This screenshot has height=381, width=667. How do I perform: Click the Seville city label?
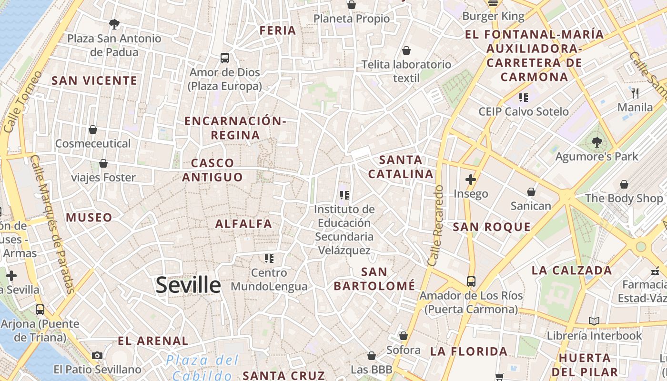(188, 285)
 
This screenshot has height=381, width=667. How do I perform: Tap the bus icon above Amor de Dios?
(225, 58)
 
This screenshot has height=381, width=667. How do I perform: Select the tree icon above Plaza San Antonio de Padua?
(114, 24)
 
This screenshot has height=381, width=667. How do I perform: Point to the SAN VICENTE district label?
(94, 80)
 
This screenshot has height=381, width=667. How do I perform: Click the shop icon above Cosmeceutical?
(93, 130)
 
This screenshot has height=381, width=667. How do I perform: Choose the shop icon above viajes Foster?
(103, 164)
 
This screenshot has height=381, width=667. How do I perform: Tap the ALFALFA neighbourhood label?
(243, 223)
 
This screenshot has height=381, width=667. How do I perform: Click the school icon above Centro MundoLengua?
(269, 259)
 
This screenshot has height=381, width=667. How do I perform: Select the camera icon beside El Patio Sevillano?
(97, 355)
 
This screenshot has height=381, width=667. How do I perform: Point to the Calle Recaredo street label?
(436, 225)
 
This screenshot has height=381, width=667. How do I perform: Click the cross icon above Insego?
(471, 180)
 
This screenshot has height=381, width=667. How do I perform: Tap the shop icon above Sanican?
(531, 192)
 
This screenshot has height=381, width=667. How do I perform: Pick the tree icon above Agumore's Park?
(596, 142)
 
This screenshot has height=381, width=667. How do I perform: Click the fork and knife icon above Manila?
(635, 93)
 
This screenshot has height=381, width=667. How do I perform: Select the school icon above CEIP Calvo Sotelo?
(524, 98)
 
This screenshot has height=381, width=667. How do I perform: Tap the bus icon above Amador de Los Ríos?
(471, 281)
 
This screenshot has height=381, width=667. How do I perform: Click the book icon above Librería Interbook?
(594, 321)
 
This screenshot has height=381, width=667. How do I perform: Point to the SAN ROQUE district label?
(492, 227)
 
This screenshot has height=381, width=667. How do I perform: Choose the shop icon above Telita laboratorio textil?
(406, 50)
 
